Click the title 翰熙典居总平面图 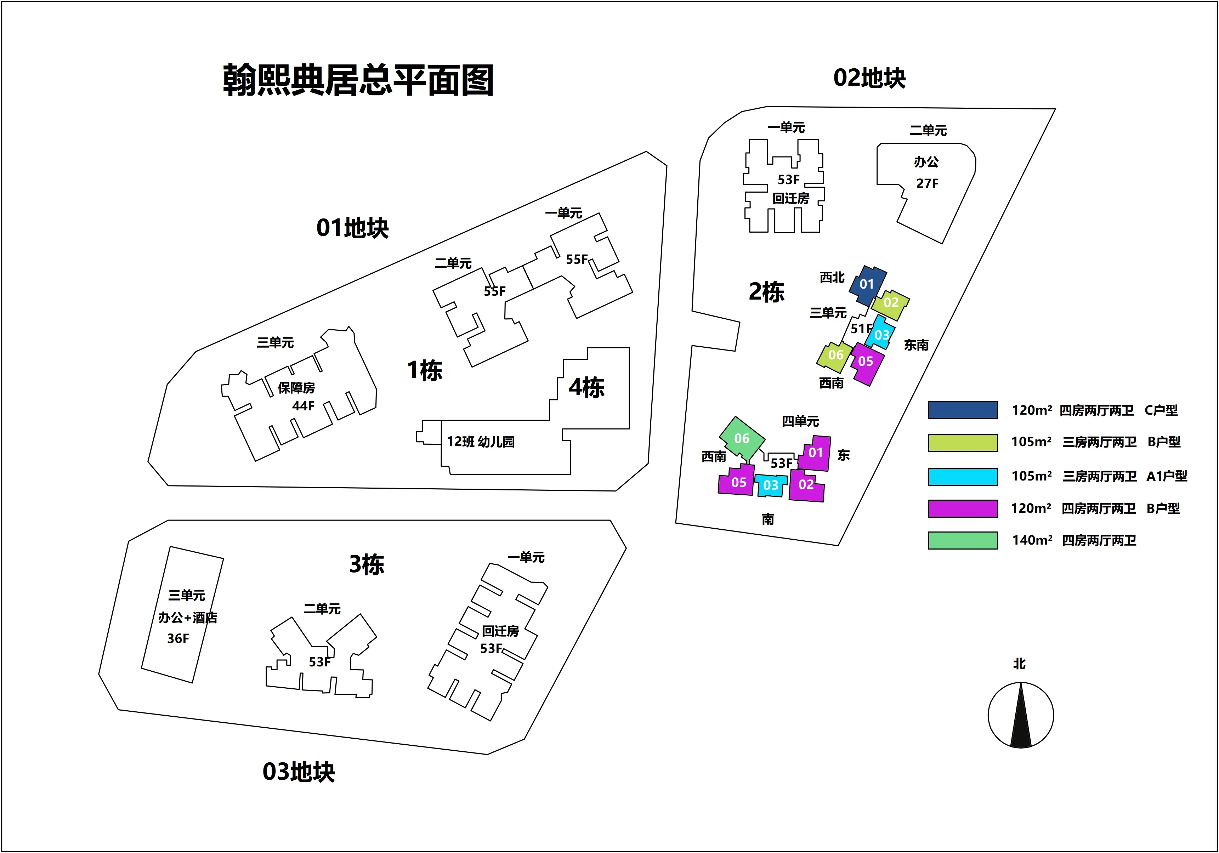point(358,80)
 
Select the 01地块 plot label point(352,228)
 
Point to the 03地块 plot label point(299,772)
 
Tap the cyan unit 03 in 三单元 point(881,333)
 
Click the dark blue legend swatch point(963,410)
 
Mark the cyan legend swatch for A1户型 point(963,476)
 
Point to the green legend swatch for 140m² point(963,540)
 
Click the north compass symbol point(1020,715)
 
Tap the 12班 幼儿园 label point(481,442)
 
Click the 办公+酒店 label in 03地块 point(187,617)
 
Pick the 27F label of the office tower point(927,184)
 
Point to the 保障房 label point(296,388)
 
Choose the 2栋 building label point(766,292)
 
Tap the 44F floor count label point(303,406)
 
